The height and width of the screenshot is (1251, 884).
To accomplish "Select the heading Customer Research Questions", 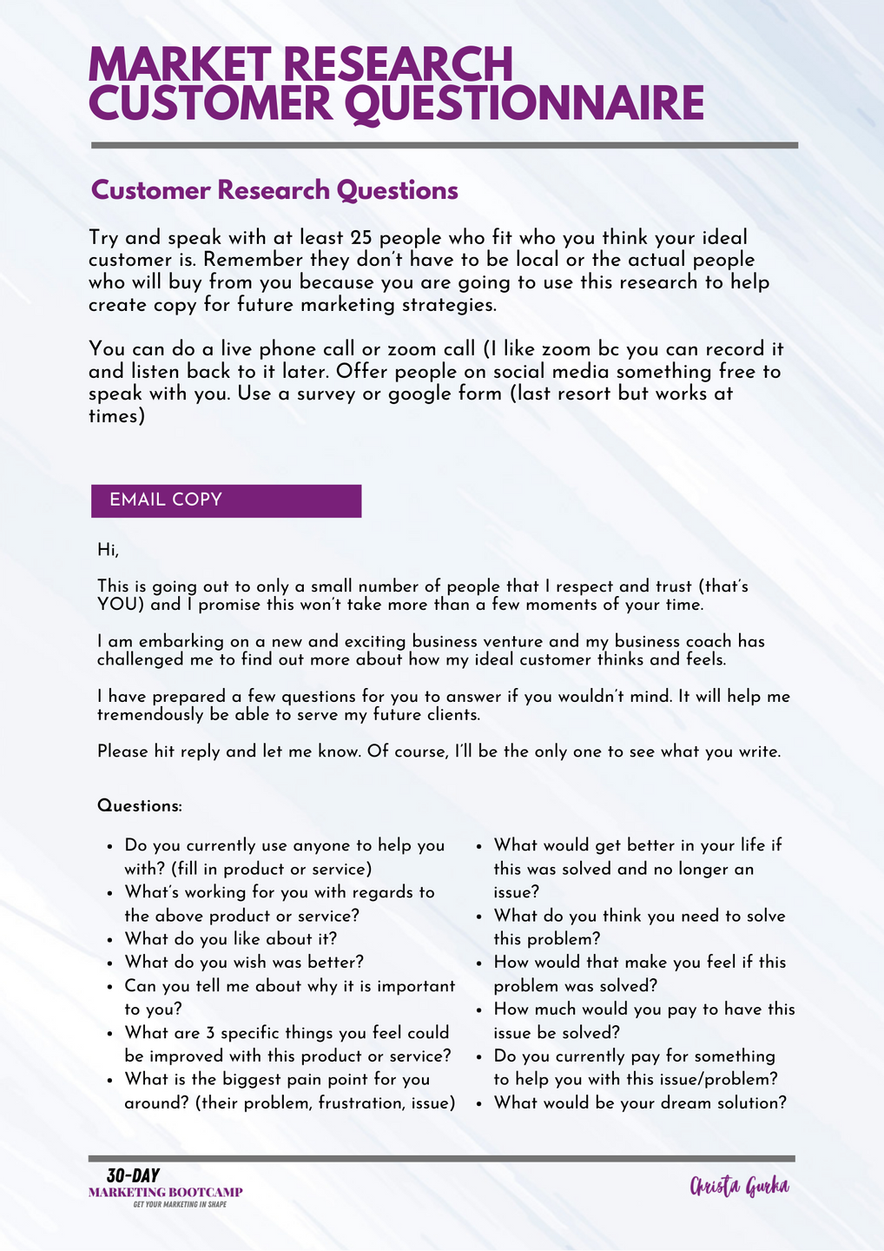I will pos(274,190).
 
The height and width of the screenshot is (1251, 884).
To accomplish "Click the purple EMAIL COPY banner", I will pos(226,500).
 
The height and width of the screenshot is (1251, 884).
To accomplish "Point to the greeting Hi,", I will pos(107,549).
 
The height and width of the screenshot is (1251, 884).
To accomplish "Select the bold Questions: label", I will pos(140,806).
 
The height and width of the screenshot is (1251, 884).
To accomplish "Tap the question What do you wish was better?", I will pos(244,962).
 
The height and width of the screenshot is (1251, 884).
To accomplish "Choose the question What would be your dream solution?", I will pos(640,1102).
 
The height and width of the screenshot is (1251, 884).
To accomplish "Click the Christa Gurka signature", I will pos(739,1187).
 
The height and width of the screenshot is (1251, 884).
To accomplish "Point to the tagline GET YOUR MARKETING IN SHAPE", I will pos(180,1205).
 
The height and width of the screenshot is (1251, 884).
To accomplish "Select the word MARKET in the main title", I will pos(180,65).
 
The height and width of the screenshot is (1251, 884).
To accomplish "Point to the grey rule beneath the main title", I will pos(444,145).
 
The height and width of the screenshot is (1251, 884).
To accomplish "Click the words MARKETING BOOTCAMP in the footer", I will pos(166,1192).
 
